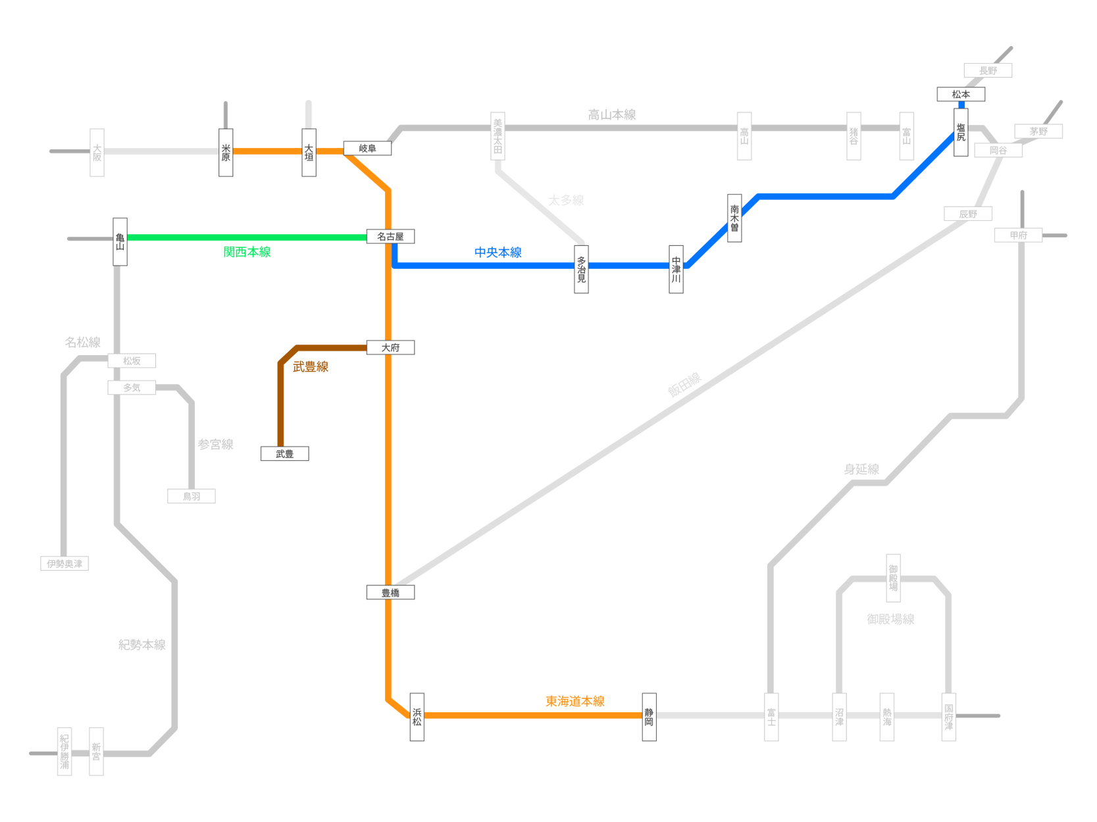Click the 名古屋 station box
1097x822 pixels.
click(x=390, y=237)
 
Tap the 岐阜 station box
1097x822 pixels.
click(x=367, y=149)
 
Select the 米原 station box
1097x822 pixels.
click(x=226, y=153)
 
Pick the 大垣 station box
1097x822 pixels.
click(x=309, y=153)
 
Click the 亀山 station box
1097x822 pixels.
click(x=120, y=241)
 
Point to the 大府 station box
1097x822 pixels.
click(x=390, y=347)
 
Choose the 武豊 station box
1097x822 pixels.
click(x=284, y=454)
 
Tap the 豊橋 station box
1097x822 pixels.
click(x=390, y=592)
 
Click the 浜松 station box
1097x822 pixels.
click(x=417, y=717)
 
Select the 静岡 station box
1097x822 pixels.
click(x=649, y=717)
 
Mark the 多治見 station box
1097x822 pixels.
click(x=581, y=269)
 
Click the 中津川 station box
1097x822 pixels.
click(x=676, y=269)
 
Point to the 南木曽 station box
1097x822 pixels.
click(x=734, y=218)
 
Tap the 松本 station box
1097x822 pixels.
click(x=961, y=95)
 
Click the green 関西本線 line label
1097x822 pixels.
click(x=247, y=252)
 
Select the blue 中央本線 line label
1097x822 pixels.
click(x=497, y=253)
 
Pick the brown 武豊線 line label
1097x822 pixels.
click(x=310, y=367)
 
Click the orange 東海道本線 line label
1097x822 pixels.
click(x=574, y=701)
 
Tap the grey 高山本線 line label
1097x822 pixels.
click(x=611, y=115)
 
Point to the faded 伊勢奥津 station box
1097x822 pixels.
click(x=64, y=564)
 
